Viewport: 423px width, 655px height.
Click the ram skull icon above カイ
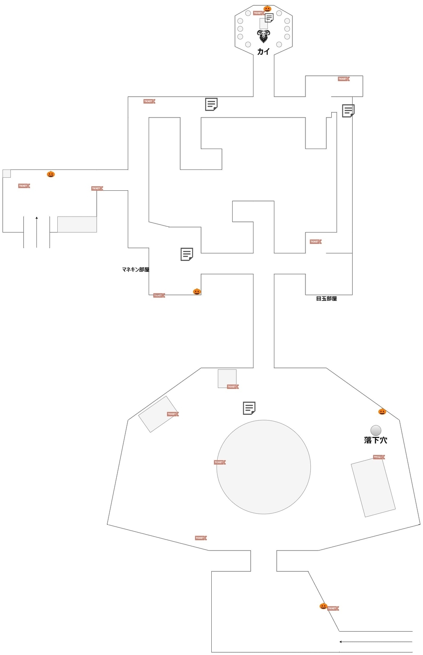[x=263, y=36]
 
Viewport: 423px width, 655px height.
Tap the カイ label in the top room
[x=263, y=52]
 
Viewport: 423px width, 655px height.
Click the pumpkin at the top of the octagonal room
[x=267, y=9]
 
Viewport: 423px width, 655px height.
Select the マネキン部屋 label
[x=136, y=270]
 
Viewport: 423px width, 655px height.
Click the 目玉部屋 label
[x=326, y=299]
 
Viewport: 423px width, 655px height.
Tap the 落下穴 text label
[x=375, y=440]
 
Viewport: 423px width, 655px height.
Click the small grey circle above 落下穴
[x=376, y=430]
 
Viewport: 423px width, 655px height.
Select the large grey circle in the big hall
[x=264, y=467]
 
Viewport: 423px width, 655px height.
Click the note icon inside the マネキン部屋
[x=187, y=254]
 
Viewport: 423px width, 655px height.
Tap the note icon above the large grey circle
[x=249, y=408]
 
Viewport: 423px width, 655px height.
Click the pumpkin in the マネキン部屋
[x=197, y=291]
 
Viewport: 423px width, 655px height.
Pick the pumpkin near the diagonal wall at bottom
[x=323, y=606]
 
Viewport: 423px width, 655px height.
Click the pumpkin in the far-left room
[x=51, y=174]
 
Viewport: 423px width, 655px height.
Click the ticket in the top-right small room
[x=344, y=79]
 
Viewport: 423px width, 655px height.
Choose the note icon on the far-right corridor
[x=348, y=111]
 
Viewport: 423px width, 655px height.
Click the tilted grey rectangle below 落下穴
[x=373, y=488]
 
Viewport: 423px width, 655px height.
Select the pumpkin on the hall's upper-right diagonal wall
[x=382, y=411]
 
